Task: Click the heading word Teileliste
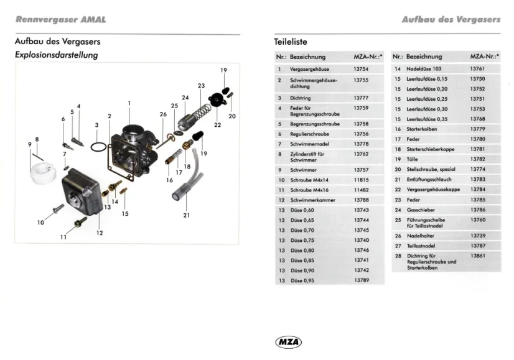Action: click(290, 42)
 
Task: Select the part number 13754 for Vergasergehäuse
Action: click(361, 69)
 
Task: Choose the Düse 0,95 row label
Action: click(302, 280)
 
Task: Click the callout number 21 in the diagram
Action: click(186, 215)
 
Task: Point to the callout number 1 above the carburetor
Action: click(129, 103)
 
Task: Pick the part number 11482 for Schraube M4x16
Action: click(361, 190)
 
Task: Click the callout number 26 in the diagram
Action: click(163, 114)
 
